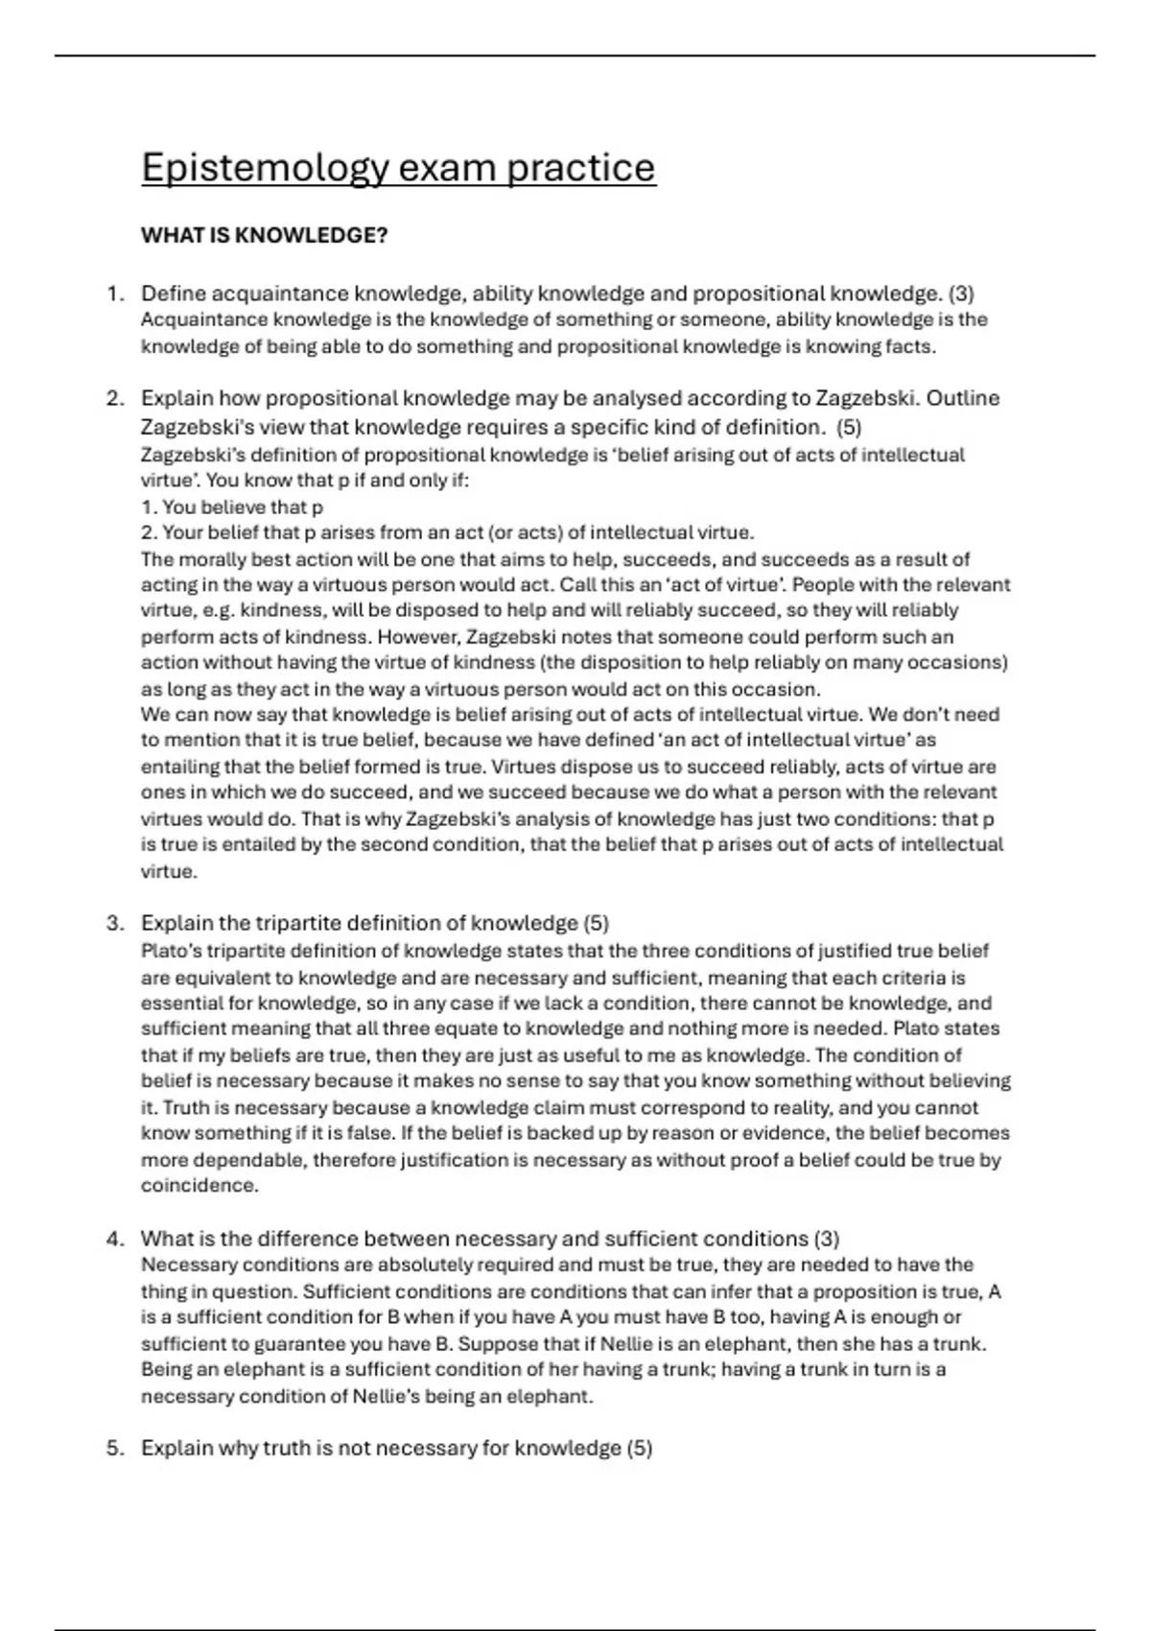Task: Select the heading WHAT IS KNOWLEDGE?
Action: pos(264,235)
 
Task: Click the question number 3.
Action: pos(115,923)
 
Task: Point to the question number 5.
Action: pos(115,1448)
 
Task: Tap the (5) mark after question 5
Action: pos(639,1448)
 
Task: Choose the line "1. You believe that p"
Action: pos(232,507)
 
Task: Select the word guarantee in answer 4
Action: pos(285,1343)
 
